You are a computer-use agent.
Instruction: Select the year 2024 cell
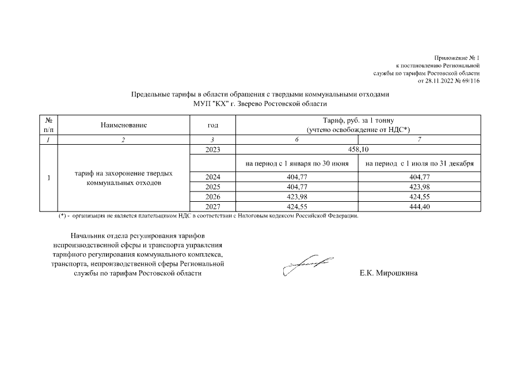212,177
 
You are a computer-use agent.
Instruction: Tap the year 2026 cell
212,197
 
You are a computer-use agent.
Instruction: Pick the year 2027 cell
212,207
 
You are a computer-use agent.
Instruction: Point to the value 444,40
419,207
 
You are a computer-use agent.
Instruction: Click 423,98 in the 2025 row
419,187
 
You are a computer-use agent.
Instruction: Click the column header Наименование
124,125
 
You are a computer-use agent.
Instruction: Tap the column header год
212,125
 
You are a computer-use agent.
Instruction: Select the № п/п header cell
48,125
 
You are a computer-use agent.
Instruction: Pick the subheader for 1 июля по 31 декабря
419,164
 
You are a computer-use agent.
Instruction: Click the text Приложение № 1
457,58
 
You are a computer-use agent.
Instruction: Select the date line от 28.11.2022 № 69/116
448,81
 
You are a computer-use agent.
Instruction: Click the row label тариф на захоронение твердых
124,173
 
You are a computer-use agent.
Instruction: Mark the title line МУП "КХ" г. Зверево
260,104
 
